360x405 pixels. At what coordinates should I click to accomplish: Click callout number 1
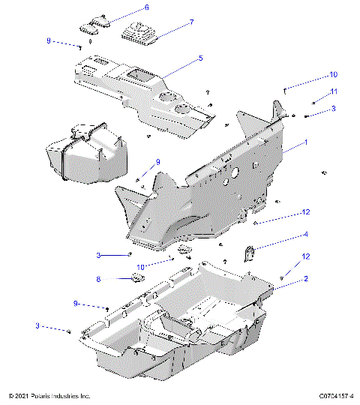[x=306, y=142]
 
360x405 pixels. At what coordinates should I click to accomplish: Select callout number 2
[x=306, y=278]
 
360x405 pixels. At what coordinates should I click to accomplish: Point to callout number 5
[x=200, y=58]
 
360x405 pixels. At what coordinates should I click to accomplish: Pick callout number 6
[x=146, y=7]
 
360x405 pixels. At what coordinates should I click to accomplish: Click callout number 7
[x=191, y=22]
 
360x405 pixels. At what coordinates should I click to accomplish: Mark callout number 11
[x=335, y=91]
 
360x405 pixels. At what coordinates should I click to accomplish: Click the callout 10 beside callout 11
[x=334, y=75]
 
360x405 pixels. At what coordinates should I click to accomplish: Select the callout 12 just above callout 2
[x=305, y=256]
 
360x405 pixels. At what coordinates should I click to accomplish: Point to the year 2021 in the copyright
[x=24, y=395]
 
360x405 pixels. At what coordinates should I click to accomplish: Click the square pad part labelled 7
[x=140, y=34]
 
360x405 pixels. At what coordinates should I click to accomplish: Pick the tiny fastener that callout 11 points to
[x=313, y=102]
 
